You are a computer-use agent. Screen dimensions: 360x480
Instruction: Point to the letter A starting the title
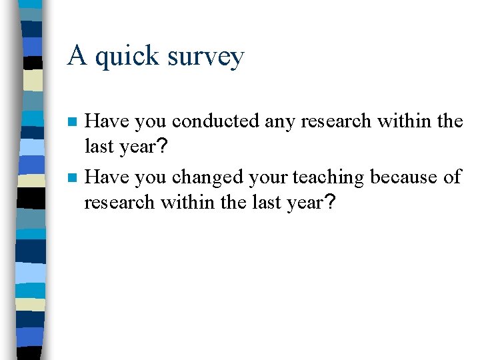point(77,55)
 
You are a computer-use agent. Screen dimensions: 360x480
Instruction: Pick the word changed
point(205,177)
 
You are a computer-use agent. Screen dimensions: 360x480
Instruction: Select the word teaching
point(327,177)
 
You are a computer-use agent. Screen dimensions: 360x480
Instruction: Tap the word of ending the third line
point(452,177)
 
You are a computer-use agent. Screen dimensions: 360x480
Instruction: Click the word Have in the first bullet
point(107,121)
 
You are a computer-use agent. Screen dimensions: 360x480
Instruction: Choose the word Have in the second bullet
point(107,177)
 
